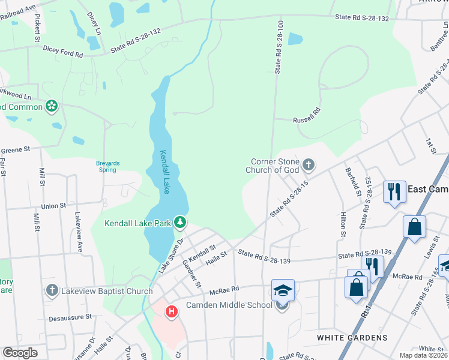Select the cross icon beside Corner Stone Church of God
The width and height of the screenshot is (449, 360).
pyautogui.click(x=309, y=164)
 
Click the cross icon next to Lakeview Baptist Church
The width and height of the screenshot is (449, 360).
pyautogui.click(x=52, y=291)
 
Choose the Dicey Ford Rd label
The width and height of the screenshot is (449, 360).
pyautogui.click(x=62, y=53)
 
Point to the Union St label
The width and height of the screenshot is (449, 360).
pyautogui.click(x=53, y=206)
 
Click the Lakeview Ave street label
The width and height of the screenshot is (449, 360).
pyautogui.click(x=78, y=230)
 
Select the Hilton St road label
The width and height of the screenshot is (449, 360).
pyautogui.click(x=343, y=223)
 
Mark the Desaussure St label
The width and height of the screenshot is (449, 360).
pyautogui.click(x=70, y=316)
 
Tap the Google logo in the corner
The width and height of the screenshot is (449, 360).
pyautogui.click(x=20, y=353)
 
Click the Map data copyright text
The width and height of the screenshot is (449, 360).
pyautogui.click(x=423, y=356)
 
